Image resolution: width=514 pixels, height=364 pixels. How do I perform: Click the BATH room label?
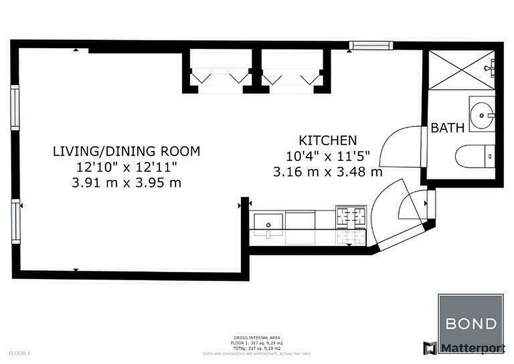[x=447, y=128]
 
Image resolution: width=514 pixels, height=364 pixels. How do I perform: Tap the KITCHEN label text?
[x=327, y=140]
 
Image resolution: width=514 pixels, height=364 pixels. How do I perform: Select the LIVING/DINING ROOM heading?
[x=126, y=151]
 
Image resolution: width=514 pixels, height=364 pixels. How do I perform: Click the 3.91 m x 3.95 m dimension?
[x=126, y=182]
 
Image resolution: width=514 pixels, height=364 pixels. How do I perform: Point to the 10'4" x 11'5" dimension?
[x=327, y=156]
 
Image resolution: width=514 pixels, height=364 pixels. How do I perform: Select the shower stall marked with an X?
[x=460, y=70]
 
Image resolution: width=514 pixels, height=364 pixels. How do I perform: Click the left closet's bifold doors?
[x=220, y=77]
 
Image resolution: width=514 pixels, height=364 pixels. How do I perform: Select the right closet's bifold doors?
[x=291, y=77]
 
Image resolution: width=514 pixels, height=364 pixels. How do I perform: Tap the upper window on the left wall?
[x=15, y=107]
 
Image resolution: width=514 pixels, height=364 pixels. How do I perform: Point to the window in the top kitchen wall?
[x=371, y=45]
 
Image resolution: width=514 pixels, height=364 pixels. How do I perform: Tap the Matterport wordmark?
[x=471, y=348]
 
